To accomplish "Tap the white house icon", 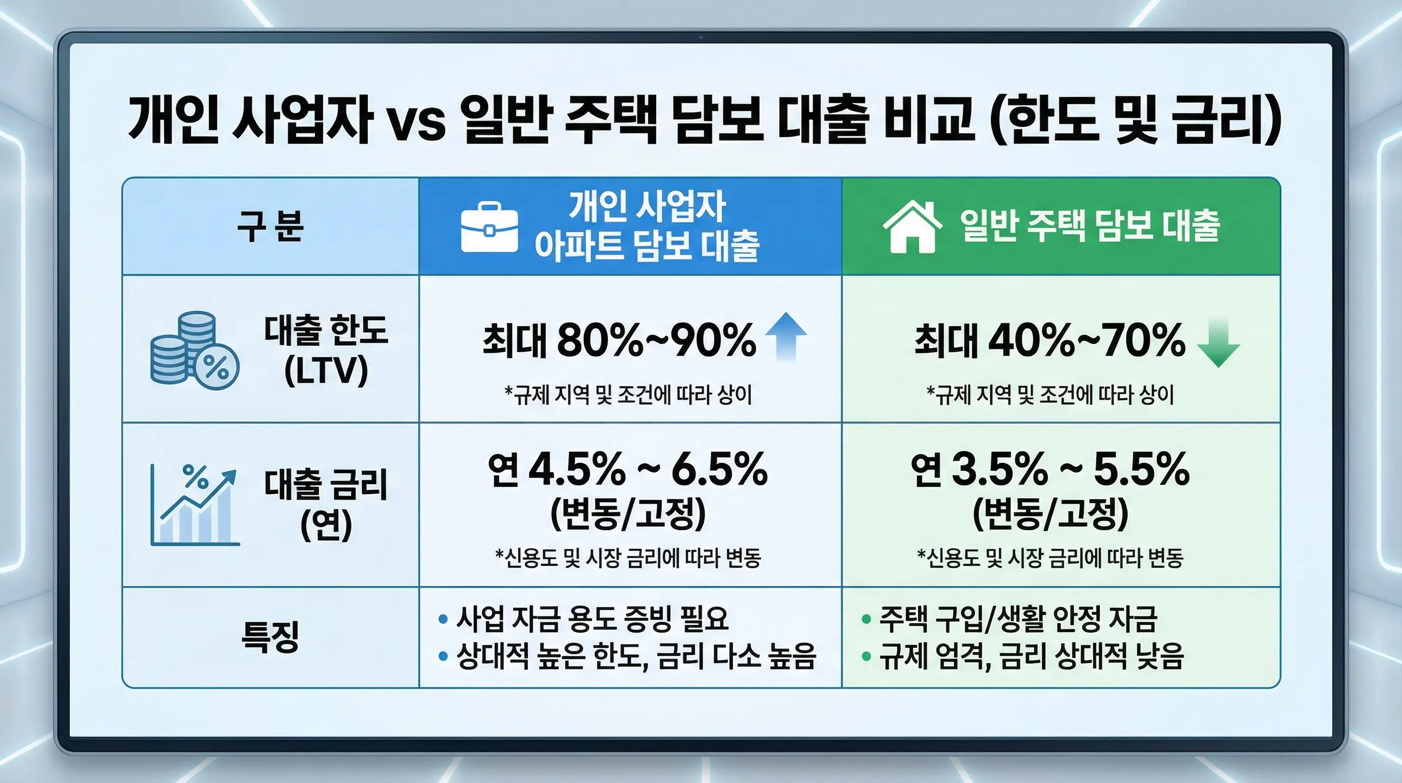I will (912, 226).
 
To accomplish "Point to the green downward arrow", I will (1219, 344).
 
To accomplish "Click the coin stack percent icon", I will (194, 350).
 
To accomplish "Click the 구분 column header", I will (270, 226).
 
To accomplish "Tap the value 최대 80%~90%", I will (619, 341).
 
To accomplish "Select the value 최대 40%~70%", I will (1049, 341).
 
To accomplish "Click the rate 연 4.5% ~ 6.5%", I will (628, 469).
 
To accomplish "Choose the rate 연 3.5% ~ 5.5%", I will (1050, 469).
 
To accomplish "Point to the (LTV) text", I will (326, 371).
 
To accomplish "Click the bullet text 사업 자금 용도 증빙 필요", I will (591, 618).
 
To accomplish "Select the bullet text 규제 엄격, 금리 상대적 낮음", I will (1031, 656).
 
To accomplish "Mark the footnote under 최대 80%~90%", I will (628, 395).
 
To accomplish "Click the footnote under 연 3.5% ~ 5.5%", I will (1050, 558).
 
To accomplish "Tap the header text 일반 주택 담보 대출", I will (1090, 226).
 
